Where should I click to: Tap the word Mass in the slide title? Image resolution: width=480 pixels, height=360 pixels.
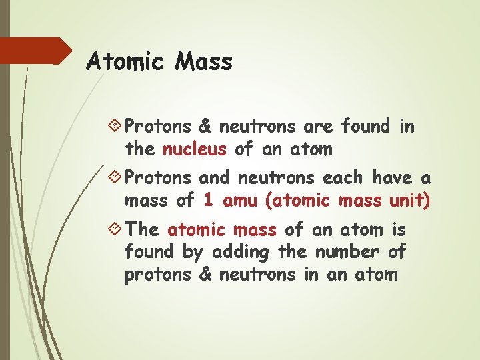click(203, 62)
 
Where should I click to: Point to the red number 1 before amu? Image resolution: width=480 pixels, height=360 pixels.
click(208, 200)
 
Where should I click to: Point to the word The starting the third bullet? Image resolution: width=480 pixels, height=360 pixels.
click(142, 230)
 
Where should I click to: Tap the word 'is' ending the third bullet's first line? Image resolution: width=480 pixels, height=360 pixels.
click(399, 230)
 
